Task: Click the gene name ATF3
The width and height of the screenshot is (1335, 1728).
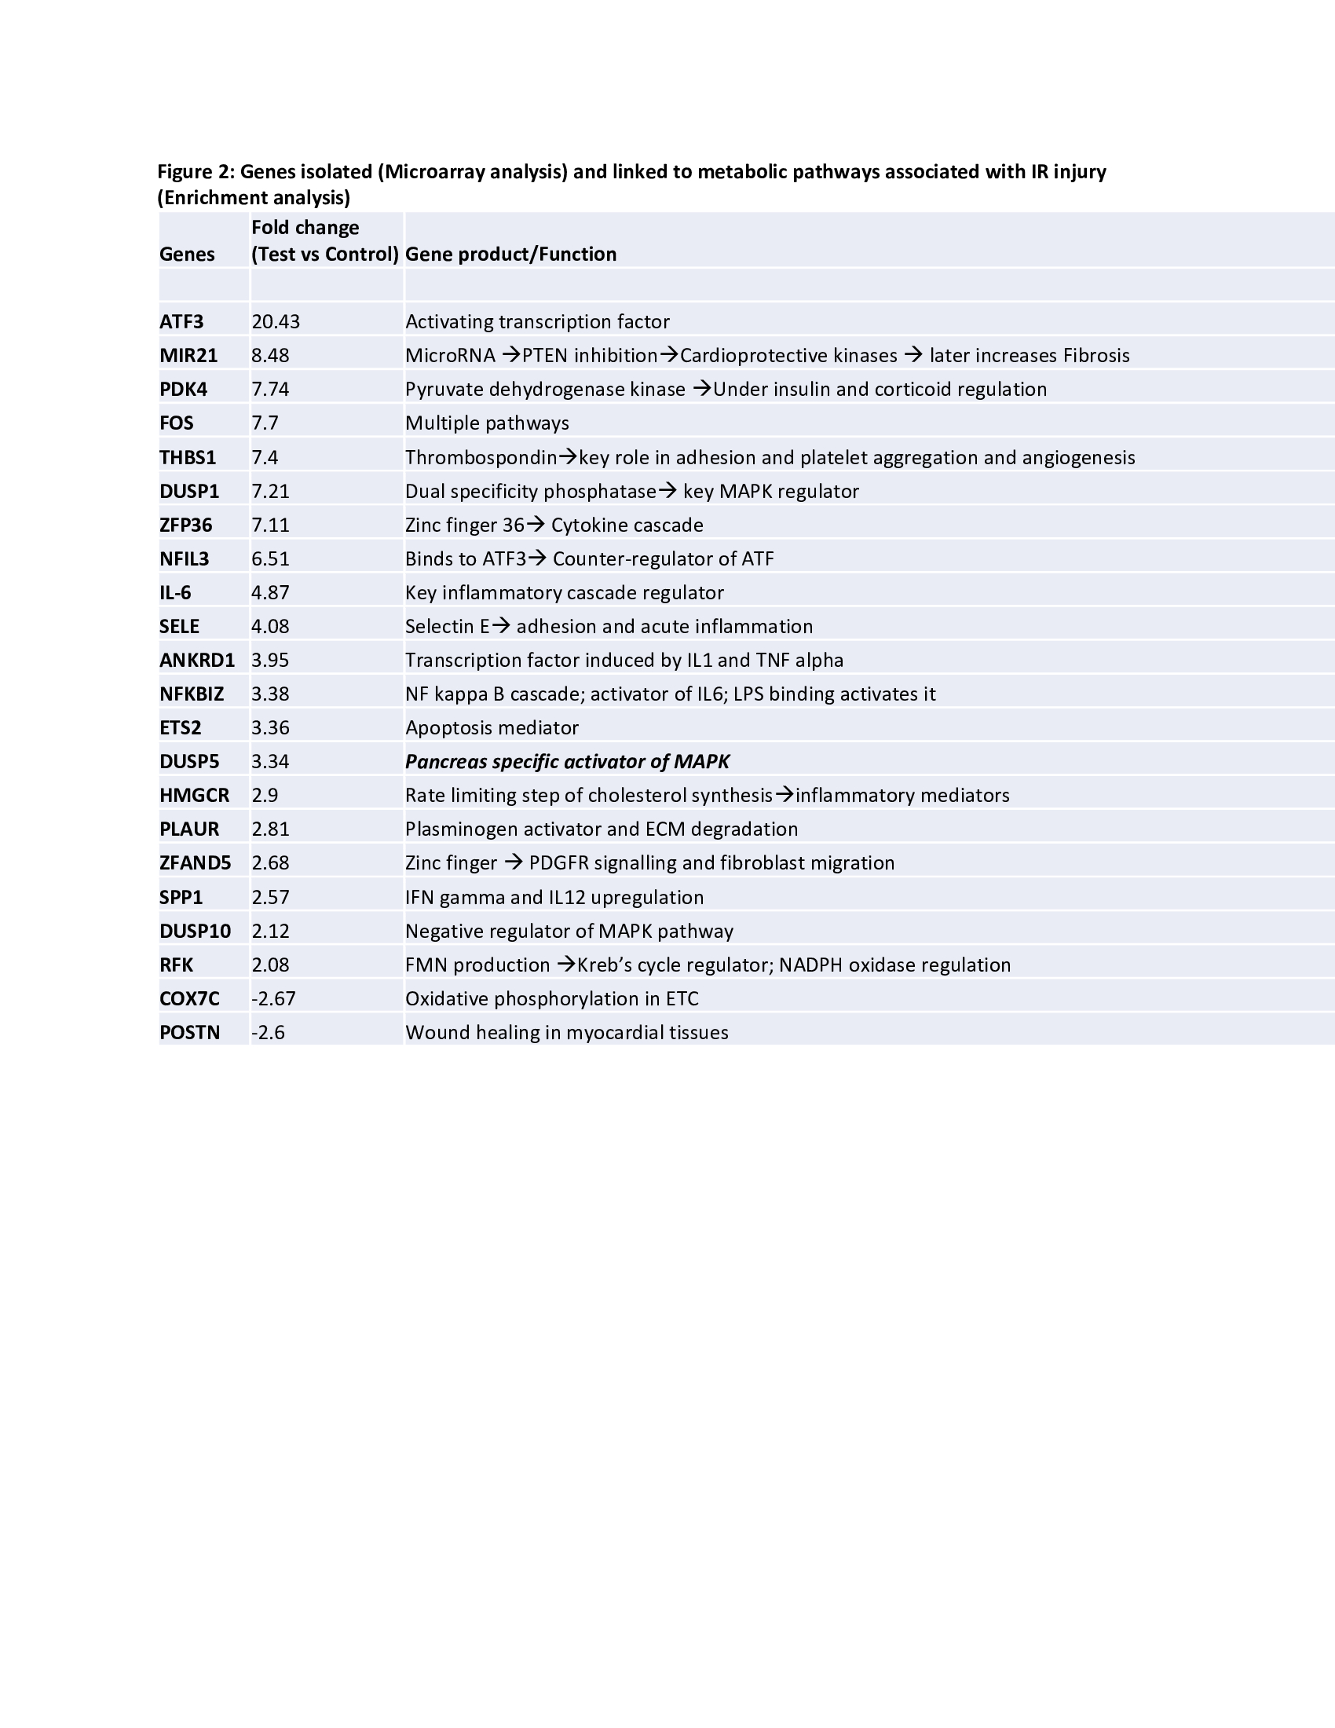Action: [x=181, y=322]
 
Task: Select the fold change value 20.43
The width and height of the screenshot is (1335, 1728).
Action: [x=275, y=322]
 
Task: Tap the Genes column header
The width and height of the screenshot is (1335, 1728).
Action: [x=187, y=254]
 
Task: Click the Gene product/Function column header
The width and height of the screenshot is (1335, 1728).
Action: [x=510, y=254]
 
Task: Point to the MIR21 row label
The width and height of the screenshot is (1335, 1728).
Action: [x=188, y=356]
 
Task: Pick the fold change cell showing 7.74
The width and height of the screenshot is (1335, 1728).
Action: [x=269, y=390]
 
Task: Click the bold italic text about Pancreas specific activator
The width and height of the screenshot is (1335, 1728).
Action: [x=567, y=762]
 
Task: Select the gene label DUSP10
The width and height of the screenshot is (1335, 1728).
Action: [x=195, y=932]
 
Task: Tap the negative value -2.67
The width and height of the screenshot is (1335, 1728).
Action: [x=272, y=999]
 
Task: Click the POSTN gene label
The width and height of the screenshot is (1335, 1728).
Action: [x=189, y=1033]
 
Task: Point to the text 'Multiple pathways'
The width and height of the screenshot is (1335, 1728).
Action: [x=486, y=423]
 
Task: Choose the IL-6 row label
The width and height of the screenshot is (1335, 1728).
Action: [x=175, y=592]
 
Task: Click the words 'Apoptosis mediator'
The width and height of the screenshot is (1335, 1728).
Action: [x=491, y=728]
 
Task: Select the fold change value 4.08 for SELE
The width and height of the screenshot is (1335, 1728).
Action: [x=269, y=627]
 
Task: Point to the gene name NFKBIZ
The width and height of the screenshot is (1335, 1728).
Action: [x=192, y=694]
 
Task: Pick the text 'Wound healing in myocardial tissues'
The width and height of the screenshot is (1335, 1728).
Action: [x=566, y=1033]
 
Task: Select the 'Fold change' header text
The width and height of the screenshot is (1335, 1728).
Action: [x=305, y=228]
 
